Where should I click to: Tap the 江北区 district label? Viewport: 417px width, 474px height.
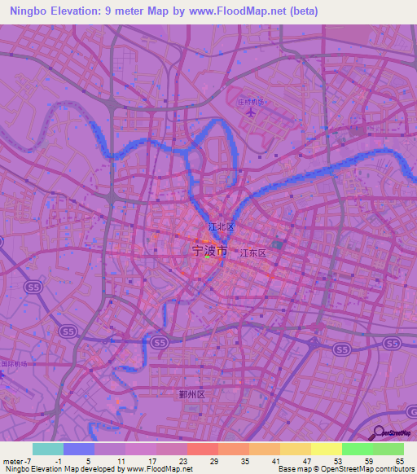[x=221, y=226]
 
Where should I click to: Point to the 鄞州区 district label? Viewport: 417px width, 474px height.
[x=191, y=394]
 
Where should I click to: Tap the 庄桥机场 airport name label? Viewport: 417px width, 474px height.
[x=251, y=102]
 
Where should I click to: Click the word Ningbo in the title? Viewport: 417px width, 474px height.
[x=30, y=11]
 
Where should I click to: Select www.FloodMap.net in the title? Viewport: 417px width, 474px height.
[x=245, y=11]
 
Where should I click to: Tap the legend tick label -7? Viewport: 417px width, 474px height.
[x=29, y=460]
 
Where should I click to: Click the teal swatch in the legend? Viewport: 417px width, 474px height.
[x=48, y=449]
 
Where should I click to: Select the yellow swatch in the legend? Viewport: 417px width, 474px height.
[x=327, y=449]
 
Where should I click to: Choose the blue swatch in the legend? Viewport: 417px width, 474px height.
[x=79, y=449]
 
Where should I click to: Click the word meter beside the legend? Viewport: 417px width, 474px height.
[x=12, y=460]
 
